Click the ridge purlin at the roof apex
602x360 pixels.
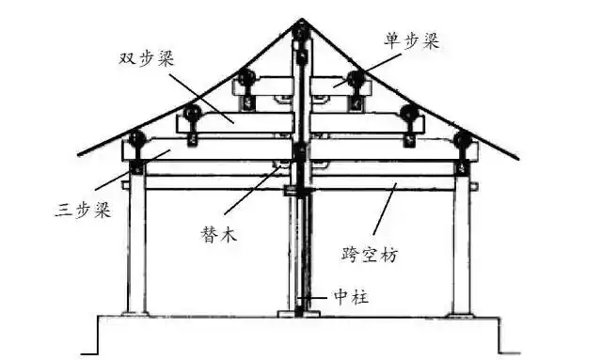(x=300, y=34)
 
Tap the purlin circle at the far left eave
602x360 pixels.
(x=137, y=143)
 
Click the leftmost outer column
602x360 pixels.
(x=137, y=244)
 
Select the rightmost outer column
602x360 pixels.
(x=461, y=244)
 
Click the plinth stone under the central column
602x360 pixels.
(x=299, y=314)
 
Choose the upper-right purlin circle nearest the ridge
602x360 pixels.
(x=355, y=79)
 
